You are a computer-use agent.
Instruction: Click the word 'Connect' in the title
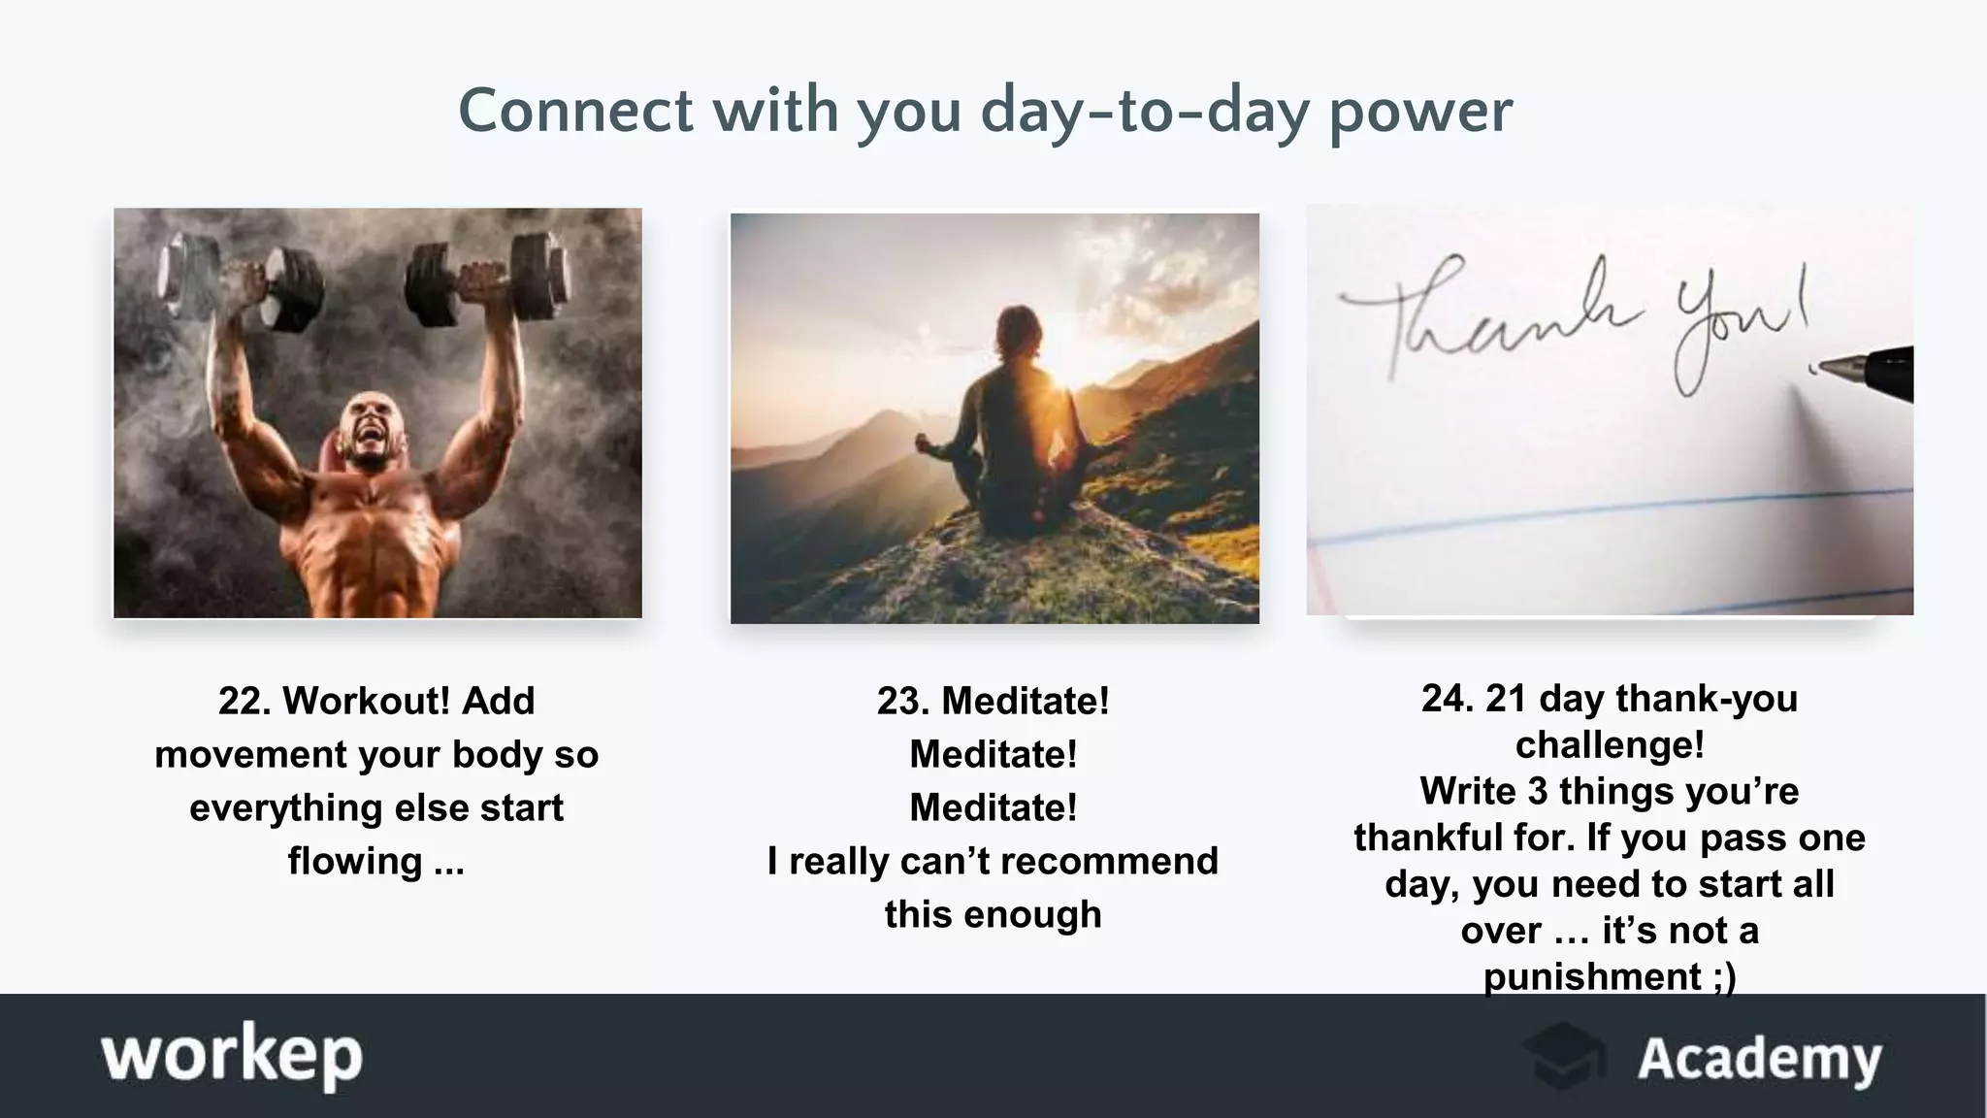[575, 110]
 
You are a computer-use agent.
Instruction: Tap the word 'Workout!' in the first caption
[367, 701]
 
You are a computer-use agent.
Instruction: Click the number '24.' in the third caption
[1448, 698]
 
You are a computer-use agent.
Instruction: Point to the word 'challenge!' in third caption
[1610, 744]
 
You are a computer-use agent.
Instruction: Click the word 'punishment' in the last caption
[1592, 976]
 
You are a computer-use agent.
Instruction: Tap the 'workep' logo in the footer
[232, 1056]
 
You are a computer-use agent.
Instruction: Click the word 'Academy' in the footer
[1759, 1059]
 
